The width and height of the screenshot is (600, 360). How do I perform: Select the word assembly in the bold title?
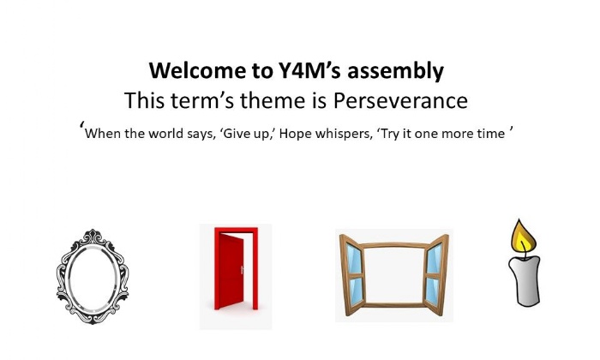coord(395,72)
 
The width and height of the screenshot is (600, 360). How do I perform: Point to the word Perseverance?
coord(400,100)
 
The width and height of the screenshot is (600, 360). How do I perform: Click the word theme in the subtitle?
coord(273,100)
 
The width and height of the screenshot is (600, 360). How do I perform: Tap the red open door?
coord(236,268)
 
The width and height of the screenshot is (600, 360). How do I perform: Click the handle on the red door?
coord(242,270)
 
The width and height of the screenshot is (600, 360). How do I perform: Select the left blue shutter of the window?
coord(352,275)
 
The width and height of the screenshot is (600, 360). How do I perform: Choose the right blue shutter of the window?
coord(435,275)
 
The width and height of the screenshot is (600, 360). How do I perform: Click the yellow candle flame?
coord(523,236)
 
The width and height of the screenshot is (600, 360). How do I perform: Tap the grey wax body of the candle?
coord(525,281)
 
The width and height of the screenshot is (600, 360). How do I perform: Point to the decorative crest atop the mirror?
coord(93,237)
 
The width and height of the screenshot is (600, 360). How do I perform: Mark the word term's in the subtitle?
coord(202,100)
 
